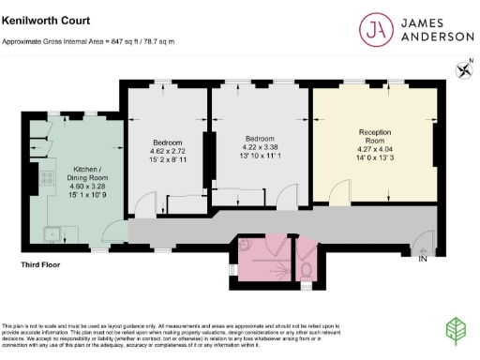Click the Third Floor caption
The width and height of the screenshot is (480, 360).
point(41,266)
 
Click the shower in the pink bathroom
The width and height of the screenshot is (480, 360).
point(276,250)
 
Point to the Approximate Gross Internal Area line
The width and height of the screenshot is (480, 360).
point(89,42)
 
